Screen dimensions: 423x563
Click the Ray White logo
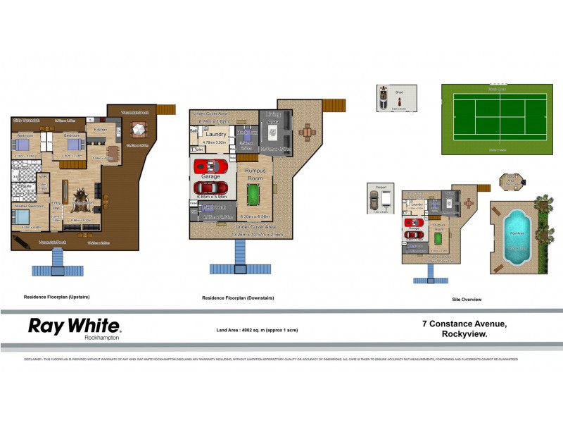pyautogui.click(x=74, y=326)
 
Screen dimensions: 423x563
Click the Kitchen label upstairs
pyautogui.click(x=100, y=129)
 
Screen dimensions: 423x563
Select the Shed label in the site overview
pyautogui.click(x=398, y=92)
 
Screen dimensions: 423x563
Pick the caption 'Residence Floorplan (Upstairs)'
pyautogui.click(x=56, y=298)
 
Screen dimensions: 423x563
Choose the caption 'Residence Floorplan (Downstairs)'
pyautogui.click(x=238, y=298)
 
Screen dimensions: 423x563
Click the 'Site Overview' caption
pyautogui.click(x=467, y=300)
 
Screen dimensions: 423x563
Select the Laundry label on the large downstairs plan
pyautogui.click(x=215, y=134)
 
